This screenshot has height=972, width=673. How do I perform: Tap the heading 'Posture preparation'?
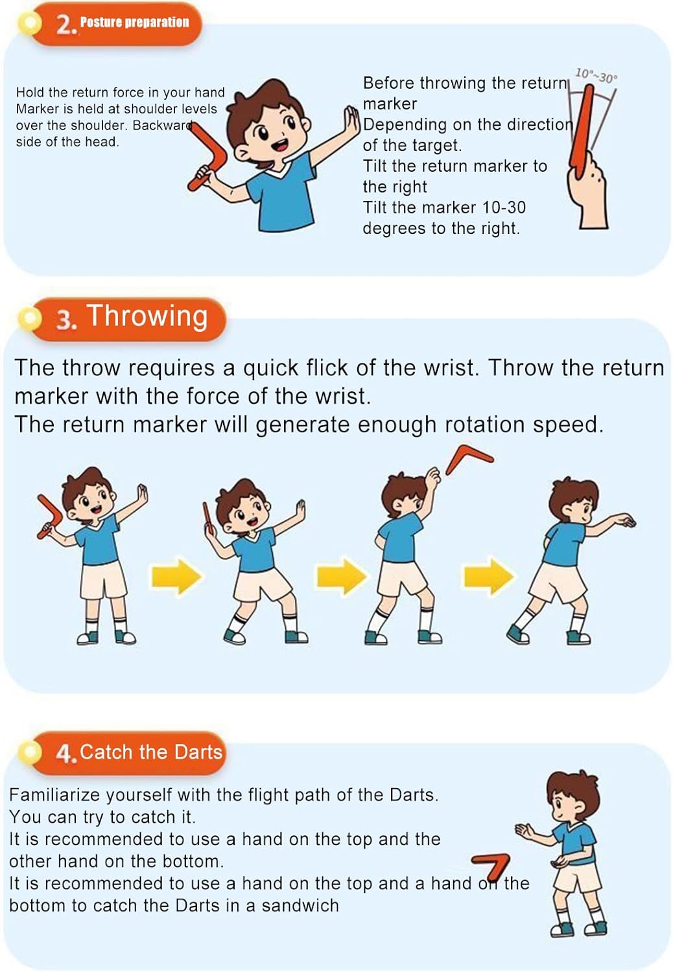tap(135, 23)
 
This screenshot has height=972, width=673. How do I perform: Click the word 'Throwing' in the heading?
tap(148, 316)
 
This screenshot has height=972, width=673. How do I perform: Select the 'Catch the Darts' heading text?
tap(151, 752)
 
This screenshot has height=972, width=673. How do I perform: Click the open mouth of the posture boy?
tap(281, 144)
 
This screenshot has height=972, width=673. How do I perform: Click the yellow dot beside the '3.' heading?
tap(30, 318)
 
